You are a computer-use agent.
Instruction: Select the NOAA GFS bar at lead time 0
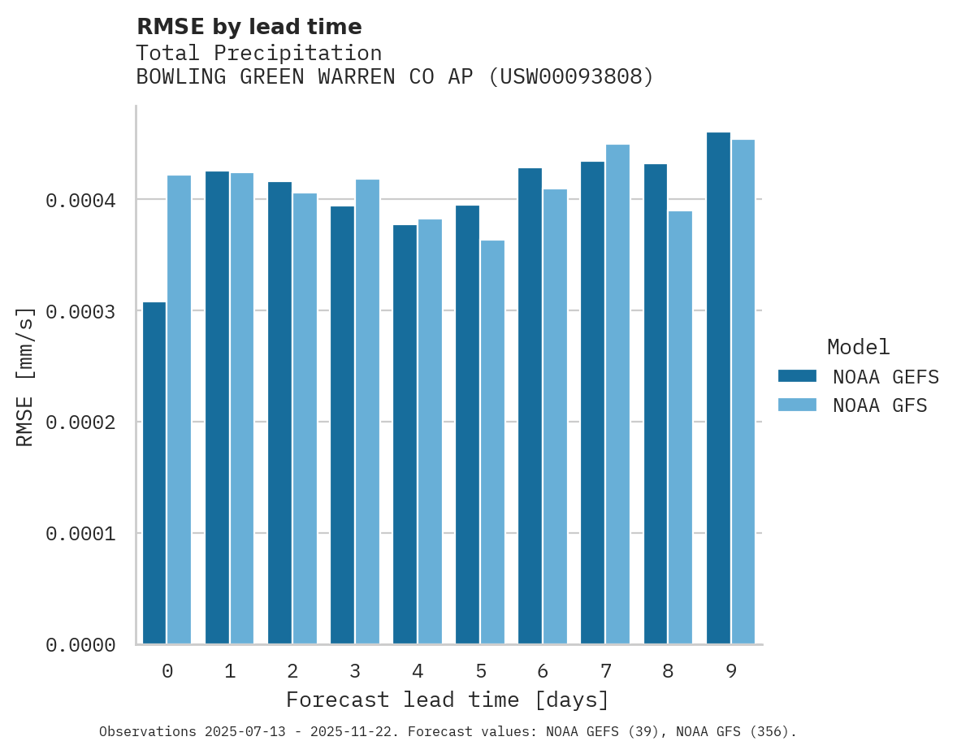click(x=180, y=409)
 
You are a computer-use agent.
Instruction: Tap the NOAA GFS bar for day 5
click(x=492, y=442)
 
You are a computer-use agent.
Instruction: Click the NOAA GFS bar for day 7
click(x=617, y=394)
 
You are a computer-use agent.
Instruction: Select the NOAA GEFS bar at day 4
click(x=405, y=435)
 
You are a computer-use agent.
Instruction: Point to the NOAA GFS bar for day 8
click(x=680, y=427)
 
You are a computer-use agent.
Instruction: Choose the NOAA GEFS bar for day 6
click(x=530, y=406)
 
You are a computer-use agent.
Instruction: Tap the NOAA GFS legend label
click(x=879, y=405)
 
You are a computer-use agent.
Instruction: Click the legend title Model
click(x=858, y=347)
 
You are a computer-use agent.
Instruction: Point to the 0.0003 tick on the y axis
click(x=80, y=311)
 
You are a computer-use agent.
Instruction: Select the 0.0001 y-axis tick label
click(x=80, y=534)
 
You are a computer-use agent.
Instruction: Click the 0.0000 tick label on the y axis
click(x=80, y=645)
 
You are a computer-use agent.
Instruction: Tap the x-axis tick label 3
click(x=355, y=671)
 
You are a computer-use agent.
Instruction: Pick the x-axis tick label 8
click(x=668, y=671)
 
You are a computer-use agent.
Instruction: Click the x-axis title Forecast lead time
click(x=447, y=700)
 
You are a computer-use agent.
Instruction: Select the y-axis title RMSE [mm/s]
click(x=26, y=376)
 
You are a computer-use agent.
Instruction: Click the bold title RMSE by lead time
click(x=249, y=27)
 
